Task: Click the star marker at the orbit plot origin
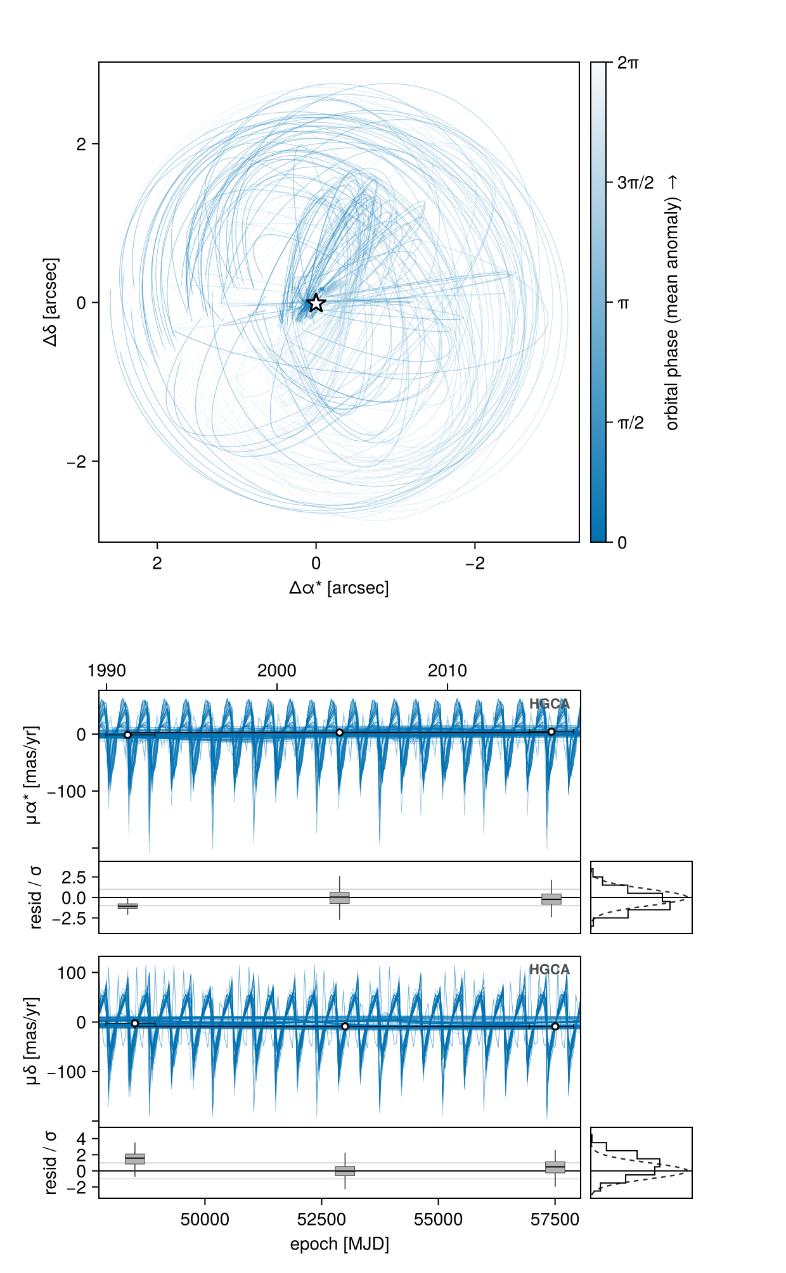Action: tap(316, 303)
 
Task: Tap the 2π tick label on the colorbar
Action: tap(628, 63)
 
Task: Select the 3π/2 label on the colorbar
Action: tap(636, 183)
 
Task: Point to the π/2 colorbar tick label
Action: tap(631, 423)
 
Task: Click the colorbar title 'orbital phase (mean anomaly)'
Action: tap(673, 313)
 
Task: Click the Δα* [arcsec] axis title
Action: tap(339, 588)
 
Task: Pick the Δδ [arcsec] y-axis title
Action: tap(51, 302)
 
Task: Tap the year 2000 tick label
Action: tap(277, 671)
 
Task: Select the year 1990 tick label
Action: tap(107, 671)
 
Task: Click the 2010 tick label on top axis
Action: tap(448, 671)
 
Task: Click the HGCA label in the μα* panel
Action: tap(550, 704)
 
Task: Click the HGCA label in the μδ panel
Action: tap(550, 970)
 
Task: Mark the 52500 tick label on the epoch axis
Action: tap(322, 1220)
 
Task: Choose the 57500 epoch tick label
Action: tap(555, 1220)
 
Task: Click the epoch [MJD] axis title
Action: tap(340, 1244)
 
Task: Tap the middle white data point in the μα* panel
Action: tap(340, 733)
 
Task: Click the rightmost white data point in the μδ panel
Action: tap(555, 1026)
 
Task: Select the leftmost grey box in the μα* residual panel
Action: tap(127, 906)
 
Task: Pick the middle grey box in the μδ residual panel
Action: tap(345, 1171)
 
